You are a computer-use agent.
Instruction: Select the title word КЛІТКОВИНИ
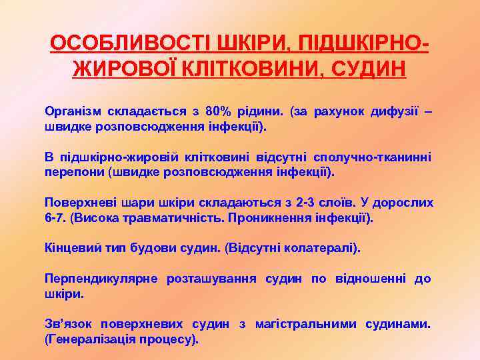click(x=248, y=68)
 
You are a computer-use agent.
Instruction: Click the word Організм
click(x=70, y=110)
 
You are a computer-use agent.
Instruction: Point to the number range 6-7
click(x=54, y=217)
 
